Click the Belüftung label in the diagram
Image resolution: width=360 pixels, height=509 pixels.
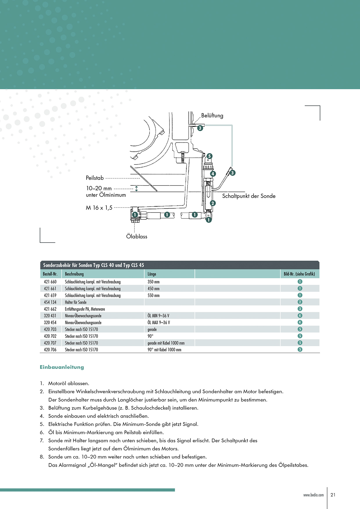point(212,115)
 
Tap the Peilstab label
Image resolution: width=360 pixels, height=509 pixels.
point(95,178)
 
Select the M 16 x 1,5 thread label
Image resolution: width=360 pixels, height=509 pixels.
point(99,208)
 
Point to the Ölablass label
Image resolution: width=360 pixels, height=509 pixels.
point(136,237)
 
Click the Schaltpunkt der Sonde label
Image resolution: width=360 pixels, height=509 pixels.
point(249,196)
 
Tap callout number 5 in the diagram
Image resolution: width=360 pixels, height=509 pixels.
point(209,156)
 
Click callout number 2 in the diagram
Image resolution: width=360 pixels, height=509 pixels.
point(213,203)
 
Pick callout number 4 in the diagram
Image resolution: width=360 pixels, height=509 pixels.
point(213,174)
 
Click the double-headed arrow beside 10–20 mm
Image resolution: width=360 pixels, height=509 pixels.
point(136,189)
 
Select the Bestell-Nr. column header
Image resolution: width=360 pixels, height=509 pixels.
point(50,274)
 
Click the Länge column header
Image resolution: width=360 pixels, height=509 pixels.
point(152,274)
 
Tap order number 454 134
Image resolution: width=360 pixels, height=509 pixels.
point(50,302)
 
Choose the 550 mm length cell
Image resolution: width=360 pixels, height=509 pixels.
point(154,295)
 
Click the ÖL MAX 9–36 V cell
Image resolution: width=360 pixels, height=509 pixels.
point(159,322)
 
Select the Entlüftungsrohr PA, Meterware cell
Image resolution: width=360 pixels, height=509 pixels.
point(85,309)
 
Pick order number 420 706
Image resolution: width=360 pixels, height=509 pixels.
point(50,350)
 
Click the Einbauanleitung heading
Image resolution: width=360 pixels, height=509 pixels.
point(62,367)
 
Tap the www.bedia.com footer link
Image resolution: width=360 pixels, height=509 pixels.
point(313,495)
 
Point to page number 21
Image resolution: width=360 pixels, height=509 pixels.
point(333,495)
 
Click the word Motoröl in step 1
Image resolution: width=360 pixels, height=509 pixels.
point(57,383)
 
